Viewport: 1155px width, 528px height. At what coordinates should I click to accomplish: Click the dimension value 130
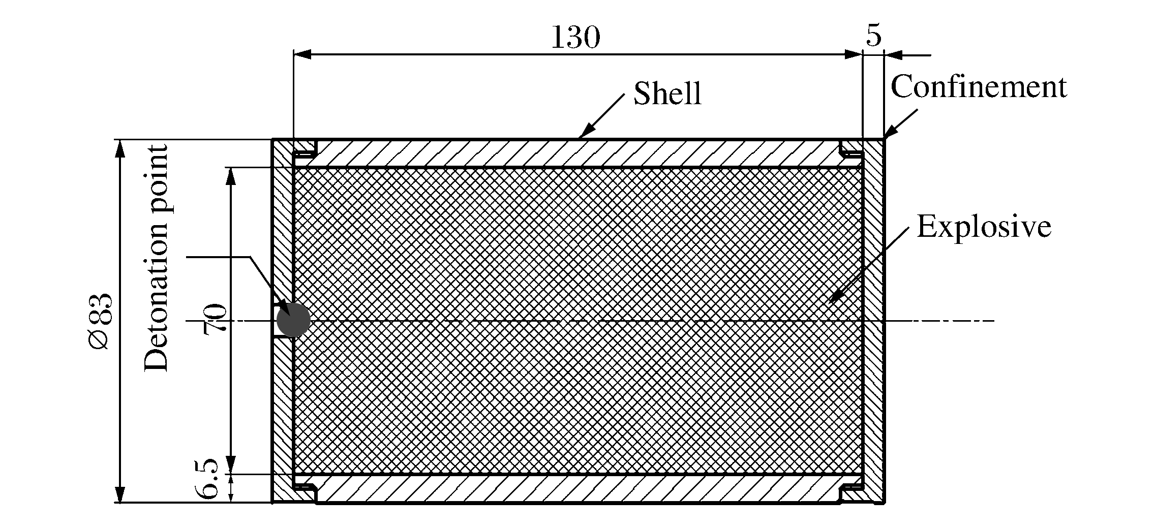coord(575,37)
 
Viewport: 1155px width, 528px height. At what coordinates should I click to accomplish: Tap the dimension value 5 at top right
coord(873,35)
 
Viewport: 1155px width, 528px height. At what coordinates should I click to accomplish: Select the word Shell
coord(667,94)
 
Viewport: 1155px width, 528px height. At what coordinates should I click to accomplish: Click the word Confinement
coord(979,86)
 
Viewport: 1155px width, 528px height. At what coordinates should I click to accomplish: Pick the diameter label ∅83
coord(100,321)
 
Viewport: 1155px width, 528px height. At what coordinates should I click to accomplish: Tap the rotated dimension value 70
coord(214,319)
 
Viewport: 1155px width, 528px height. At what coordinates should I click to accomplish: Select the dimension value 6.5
coord(207,478)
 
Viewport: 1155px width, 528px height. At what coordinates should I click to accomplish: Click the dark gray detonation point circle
coord(293,320)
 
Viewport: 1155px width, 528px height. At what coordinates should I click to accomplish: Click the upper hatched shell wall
coord(577,153)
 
